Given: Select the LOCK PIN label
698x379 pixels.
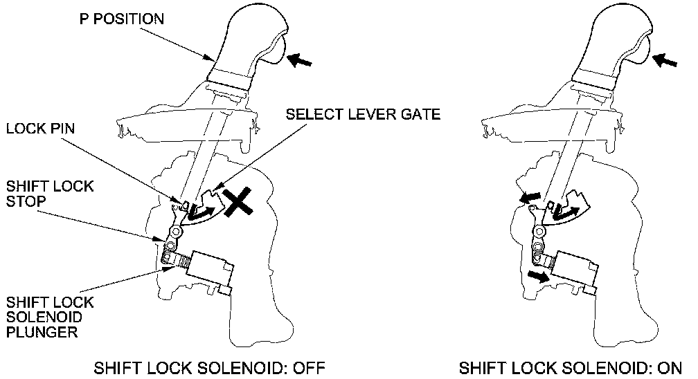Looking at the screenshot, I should click(x=41, y=129).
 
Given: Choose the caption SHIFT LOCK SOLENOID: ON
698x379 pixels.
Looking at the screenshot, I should click(x=571, y=367).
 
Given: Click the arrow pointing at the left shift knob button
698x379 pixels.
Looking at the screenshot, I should click(x=300, y=61).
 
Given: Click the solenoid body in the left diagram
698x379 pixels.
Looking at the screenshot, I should click(x=208, y=269).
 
